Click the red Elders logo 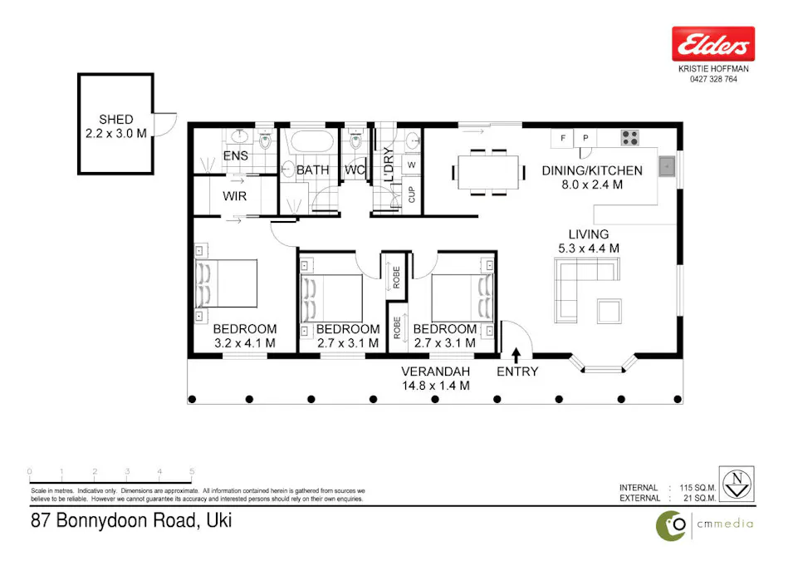pyautogui.click(x=712, y=43)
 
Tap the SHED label pyautogui.click(x=115, y=120)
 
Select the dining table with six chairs pyautogui.click(x=489, y=172)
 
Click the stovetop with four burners pyautogui.click(x=629, y=138)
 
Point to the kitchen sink pyautogui.click(x=666, y=167)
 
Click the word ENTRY pyautogui.click(x=516, y=372)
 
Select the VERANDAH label pyautogui.click(x=436, y=371)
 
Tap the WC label pyautogui.click(x=355, y=170)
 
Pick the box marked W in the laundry pyautogui.click(x=411, y=165)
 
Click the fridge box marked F pyautogui.click(x=564, y=138)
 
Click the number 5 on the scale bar pyautogui.click(x=192, y=472)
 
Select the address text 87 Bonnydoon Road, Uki pyautogui.click(x=130, y=522)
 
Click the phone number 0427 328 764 pyautogui.click(x=712, y=80)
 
